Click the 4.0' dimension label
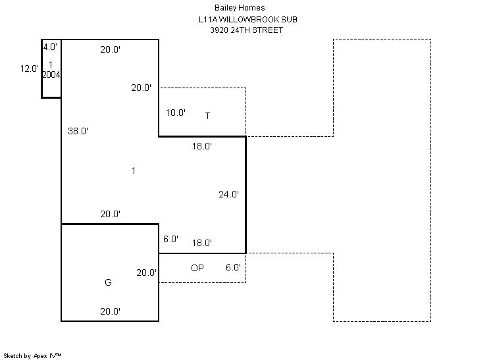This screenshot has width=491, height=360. (50, 47)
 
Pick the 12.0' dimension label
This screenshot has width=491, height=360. (30, 68)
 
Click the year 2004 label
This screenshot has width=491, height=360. (51, 74)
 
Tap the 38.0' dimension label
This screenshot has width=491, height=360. (78, 131)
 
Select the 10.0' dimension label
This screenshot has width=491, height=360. (175, 113)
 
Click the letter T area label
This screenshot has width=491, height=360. (207, 116)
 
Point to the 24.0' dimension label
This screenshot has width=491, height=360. (228, 194)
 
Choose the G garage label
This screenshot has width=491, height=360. (108, 282)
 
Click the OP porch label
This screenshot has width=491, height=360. (197, 268)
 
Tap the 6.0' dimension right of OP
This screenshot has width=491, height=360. (232, 267)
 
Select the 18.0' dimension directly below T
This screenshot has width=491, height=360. (201, 147)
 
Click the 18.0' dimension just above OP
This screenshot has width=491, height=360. (201, 243)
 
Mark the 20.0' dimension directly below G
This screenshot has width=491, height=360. (110, 311)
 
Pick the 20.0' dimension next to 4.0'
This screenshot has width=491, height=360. (110, 49)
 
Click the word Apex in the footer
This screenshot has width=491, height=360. (41, 355)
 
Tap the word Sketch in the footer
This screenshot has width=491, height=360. (13, 355)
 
